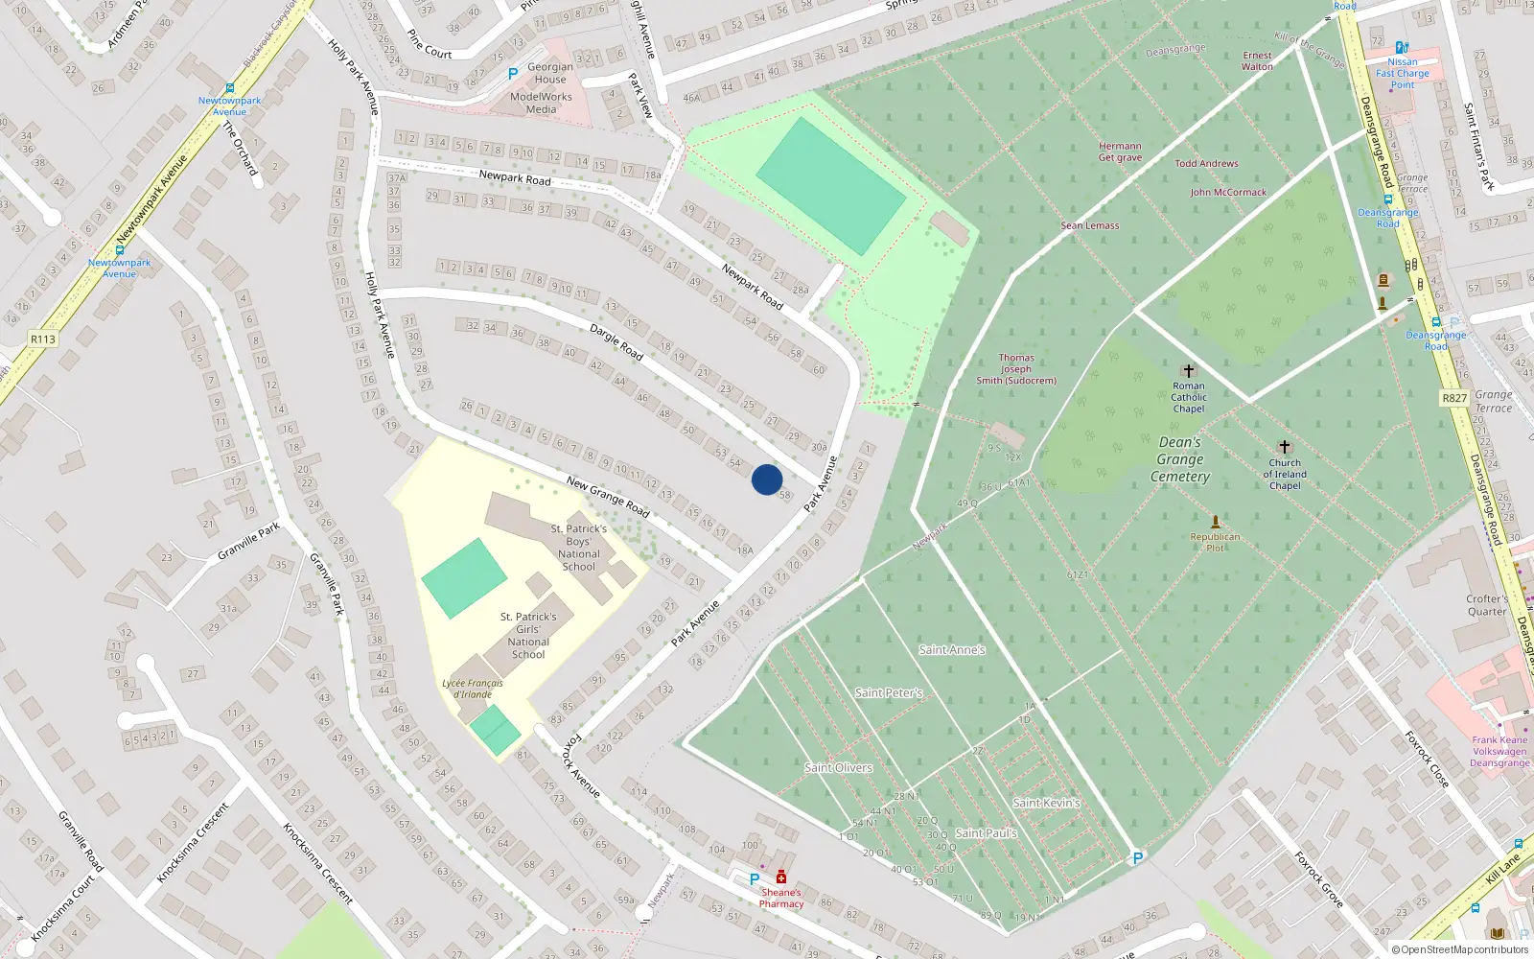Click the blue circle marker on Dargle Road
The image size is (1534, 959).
tap(767, 479)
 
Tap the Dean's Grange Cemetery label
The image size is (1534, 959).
tap(1180, 459)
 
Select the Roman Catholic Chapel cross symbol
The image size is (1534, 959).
tap(1189, 371)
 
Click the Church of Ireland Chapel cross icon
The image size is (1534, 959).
tap(1285, 447)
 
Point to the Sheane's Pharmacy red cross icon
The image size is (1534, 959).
tap(781, 877)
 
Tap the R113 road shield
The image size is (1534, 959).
tap(43, 339)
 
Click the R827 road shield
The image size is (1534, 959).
tap(1454, 398)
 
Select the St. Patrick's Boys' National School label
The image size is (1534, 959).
tap(578, 548)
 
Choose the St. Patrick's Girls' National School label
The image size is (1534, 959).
tap(528, 636)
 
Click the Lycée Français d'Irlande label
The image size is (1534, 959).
tap(473, 689)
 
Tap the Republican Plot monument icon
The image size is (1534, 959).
tap(1216, 522)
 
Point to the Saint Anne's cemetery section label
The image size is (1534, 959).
tap(952, 650)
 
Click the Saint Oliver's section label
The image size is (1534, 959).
tap(838, 767)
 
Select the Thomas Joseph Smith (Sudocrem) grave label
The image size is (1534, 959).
tap(1016, 369)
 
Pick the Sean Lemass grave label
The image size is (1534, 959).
tap(1089, 225)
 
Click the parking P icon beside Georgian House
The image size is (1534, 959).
tap(513, 73)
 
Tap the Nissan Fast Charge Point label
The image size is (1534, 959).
tap(1402, 73)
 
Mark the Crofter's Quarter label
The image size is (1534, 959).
tap(1486, 605)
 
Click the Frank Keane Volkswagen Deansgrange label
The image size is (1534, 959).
tap(1499, 751)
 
